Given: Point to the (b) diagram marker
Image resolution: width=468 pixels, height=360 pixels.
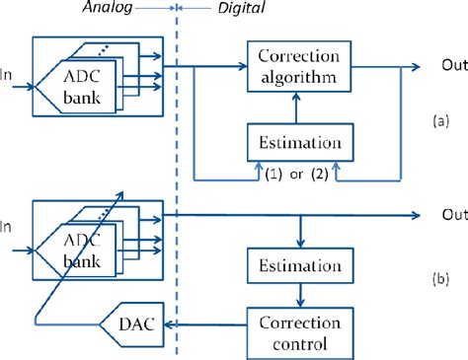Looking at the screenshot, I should tap(441, 279).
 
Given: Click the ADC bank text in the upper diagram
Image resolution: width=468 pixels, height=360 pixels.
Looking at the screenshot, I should tap(76, 89).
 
